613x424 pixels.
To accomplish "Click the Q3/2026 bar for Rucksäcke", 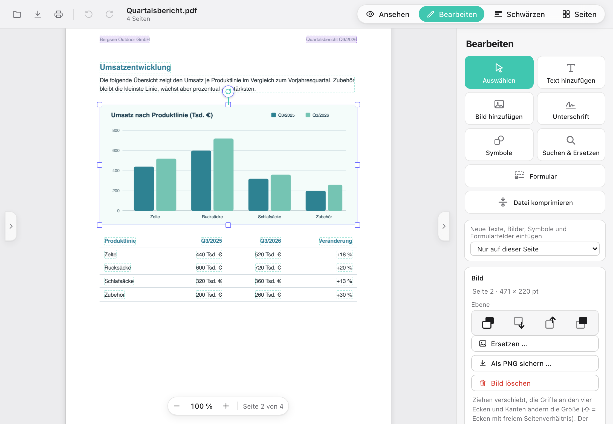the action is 223,174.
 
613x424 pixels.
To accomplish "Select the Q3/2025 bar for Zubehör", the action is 316,200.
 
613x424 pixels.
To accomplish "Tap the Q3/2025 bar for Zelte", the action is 144,188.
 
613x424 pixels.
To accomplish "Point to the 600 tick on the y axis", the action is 116,150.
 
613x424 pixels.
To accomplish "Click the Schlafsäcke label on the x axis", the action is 269,217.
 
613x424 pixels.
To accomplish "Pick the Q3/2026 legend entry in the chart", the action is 317,115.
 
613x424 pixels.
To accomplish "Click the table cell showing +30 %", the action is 344,295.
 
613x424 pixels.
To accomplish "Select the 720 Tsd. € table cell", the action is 268,268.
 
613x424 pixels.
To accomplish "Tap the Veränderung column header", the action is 336,241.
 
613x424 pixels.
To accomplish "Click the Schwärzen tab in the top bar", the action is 520,14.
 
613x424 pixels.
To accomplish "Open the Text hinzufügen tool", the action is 571,72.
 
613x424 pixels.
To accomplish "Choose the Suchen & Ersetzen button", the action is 571,145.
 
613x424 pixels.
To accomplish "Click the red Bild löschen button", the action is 535,383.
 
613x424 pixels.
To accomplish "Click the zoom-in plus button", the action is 226,406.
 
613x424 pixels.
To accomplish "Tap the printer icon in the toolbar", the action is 58,14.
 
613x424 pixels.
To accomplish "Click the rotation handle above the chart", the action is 228,91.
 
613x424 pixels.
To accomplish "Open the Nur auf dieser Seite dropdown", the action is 535,249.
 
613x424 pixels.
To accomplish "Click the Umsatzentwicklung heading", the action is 135,67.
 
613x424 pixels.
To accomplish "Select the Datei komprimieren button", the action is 535,202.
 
